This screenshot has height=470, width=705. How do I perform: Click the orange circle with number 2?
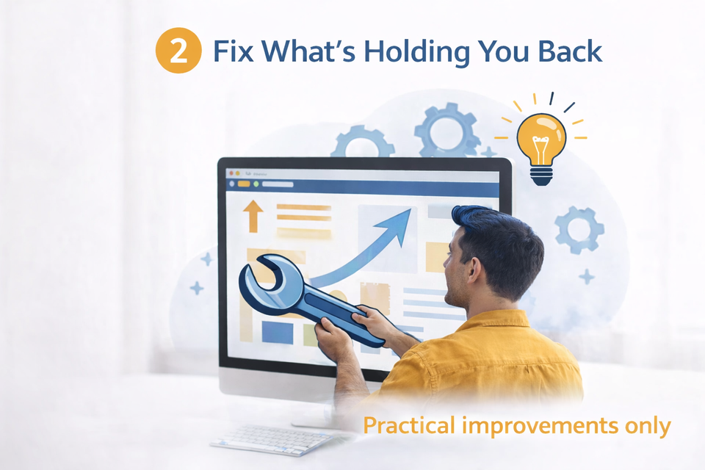coord(178,51)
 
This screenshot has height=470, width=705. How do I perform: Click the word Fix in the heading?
coord(234,51)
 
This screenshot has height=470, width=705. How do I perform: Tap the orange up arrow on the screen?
coord(253,216)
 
